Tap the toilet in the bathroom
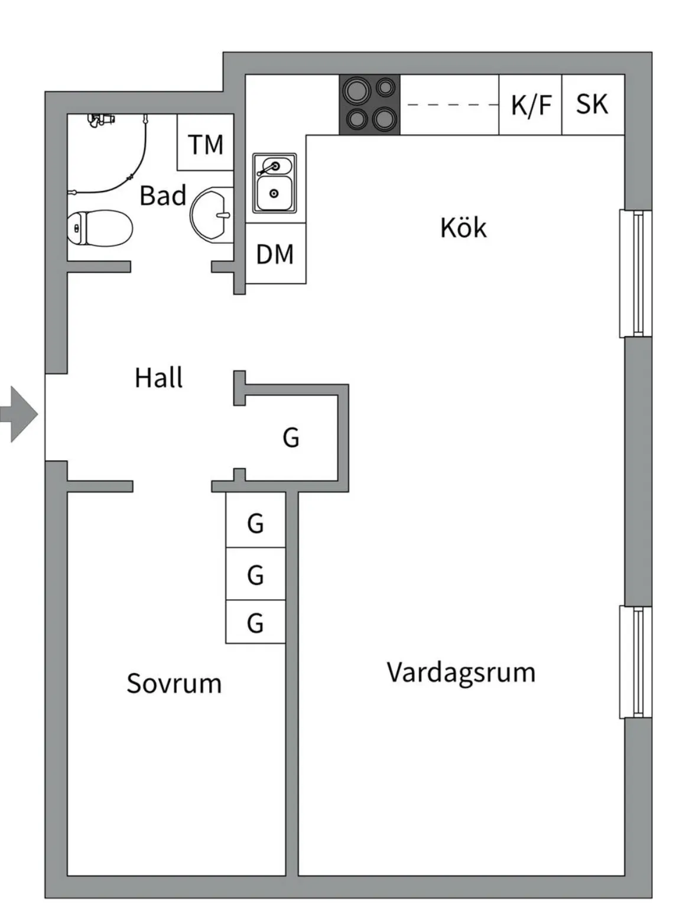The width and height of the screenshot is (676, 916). point(99,228)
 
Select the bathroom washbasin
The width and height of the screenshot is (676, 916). point(212,214)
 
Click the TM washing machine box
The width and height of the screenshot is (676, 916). point(206,143)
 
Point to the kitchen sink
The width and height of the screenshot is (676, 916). point(274,183)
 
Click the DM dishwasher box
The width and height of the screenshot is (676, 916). point(275,254)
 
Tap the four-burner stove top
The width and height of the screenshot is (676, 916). point(370,105)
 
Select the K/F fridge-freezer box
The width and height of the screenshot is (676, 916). point(530,105)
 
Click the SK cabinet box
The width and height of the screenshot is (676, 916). point(593,105)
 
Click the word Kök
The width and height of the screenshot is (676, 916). point(463,228)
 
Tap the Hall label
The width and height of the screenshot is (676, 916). point(158,378)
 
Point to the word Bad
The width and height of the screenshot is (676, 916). point(162,195)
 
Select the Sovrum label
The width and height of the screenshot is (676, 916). point(174,683)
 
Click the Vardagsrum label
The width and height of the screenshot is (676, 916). point(461,673)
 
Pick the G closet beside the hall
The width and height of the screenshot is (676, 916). point(291,438)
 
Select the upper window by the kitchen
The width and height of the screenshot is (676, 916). point(636,273)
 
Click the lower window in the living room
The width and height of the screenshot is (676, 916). point(636,662)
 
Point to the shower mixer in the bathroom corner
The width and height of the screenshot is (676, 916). point(101,120)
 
